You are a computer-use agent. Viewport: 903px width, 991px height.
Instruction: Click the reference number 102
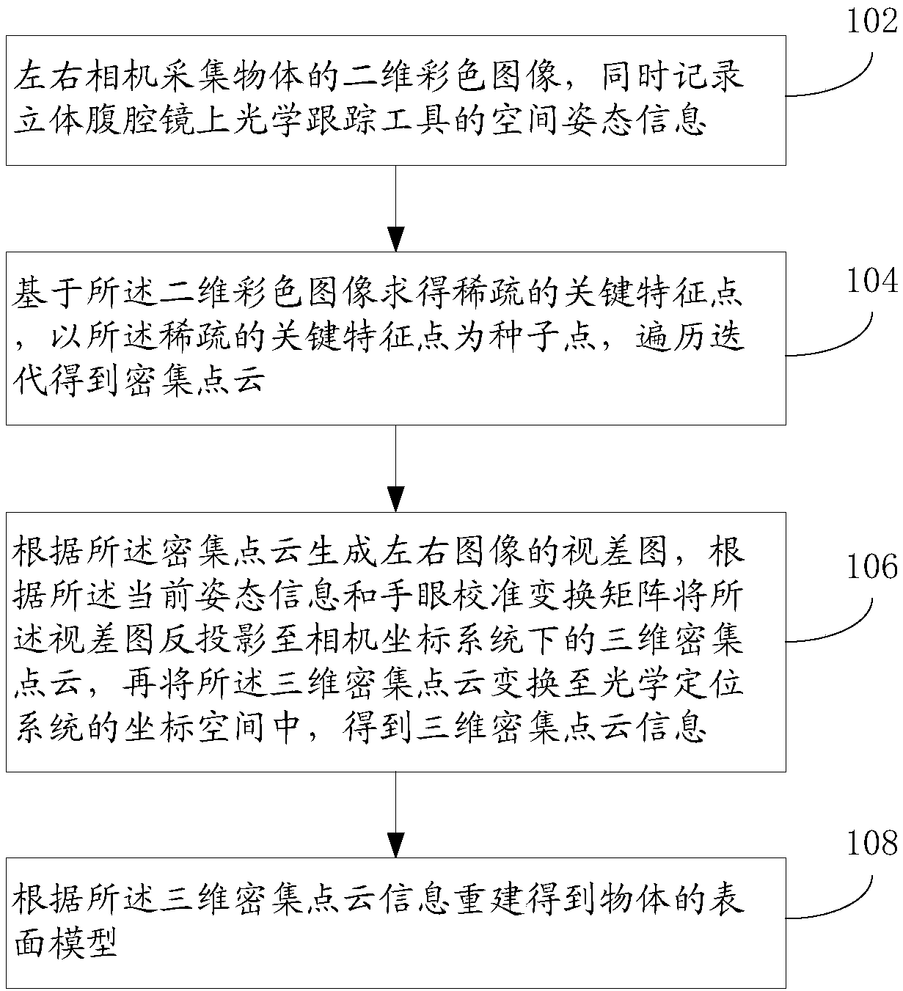pyautogui.click(x=872, y=21)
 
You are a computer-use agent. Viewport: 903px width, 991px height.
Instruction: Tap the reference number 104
pyautogui.click(x=872, y=281)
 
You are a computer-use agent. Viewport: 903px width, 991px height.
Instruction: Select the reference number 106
pyautogui.click(x=872, y=566)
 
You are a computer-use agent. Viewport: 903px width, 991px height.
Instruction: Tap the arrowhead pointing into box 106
pyautogui.click(x=396, y=499)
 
